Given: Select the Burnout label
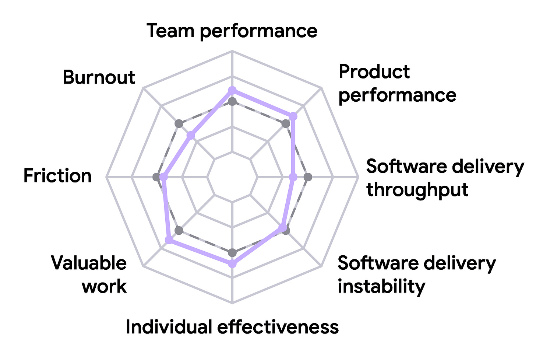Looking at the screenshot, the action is pos(99,77).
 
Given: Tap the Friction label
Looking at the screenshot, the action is pos(57,175).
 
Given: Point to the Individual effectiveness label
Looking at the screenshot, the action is pos(232,327).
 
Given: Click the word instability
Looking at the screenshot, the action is pos(381,287).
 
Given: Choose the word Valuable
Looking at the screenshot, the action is pos(89,263).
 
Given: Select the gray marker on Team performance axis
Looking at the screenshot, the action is pos(232,102).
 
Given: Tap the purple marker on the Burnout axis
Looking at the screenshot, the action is pos(191,136).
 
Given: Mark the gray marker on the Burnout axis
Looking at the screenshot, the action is pos(179,124).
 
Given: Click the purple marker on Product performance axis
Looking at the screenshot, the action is pos(293,116).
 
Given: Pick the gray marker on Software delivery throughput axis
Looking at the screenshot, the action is pos(308,177).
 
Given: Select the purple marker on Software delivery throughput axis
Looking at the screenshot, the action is pos(293,177).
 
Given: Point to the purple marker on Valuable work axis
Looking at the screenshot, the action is pos(169,240).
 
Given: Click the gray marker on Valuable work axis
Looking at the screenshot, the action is pos(179,231).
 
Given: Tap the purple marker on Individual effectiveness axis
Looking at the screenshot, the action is pos(232,264).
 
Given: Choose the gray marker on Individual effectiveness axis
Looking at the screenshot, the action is pos(232,252).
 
